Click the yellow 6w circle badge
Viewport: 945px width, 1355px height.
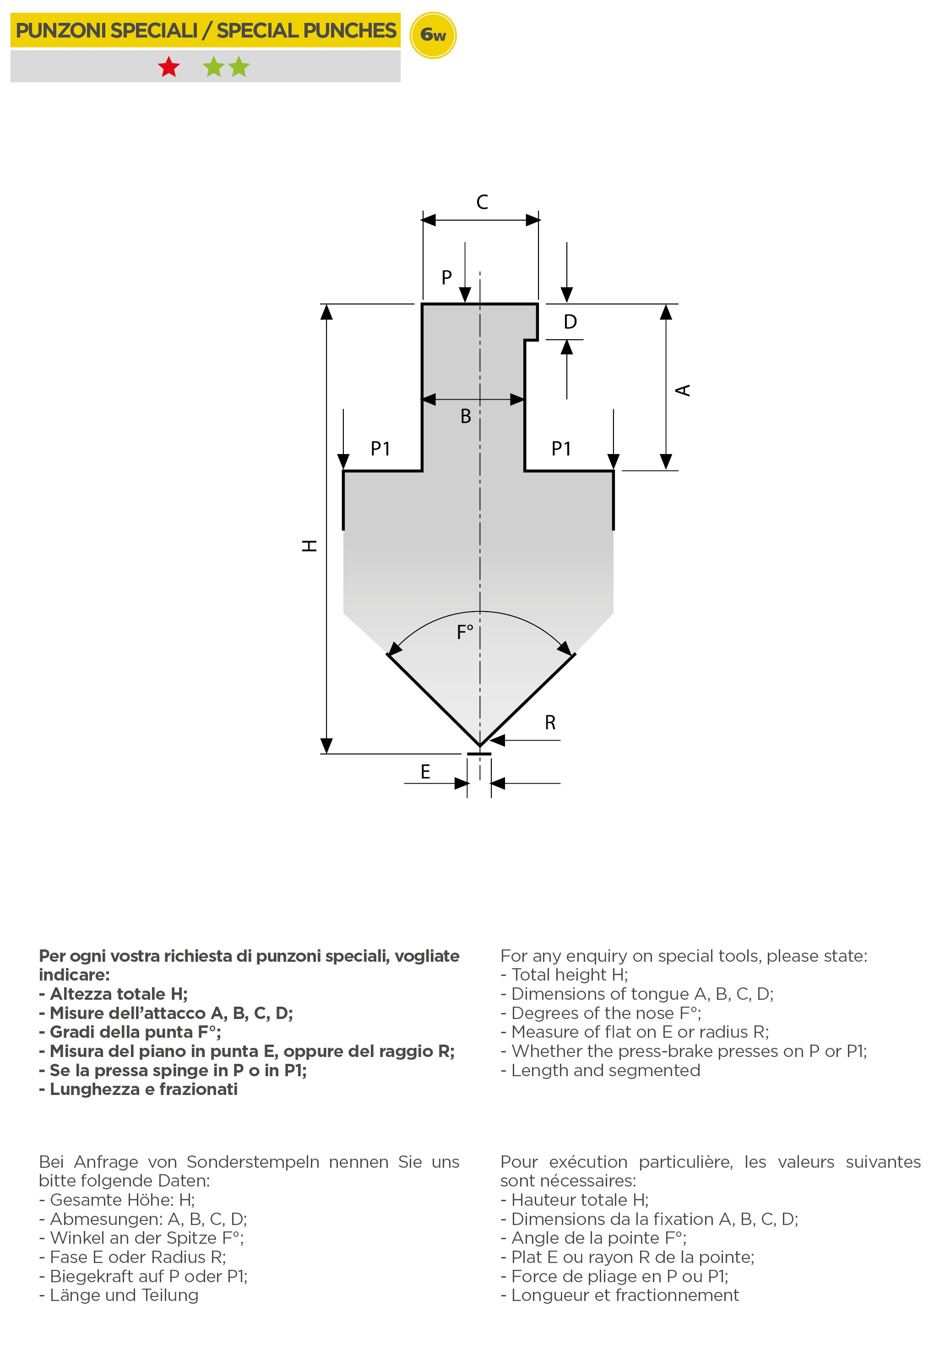(x=433, y=35)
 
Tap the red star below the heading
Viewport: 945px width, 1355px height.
(x=169, y=67)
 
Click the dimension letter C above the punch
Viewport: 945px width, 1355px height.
(x=482, y=202)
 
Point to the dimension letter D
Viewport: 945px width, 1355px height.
(x=570, y=322)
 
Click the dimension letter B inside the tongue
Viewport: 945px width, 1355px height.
(x=466, y=417)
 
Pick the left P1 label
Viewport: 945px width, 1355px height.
(x=380, y=449)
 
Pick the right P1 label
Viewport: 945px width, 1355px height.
(x=561, y=449)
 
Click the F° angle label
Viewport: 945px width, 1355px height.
(x=465, y=633)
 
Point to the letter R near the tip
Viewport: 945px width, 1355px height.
(x=550, y=723)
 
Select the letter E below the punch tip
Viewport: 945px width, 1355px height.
(x=425, y=772)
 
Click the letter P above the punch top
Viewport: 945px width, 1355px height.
(x=447, y=277)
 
